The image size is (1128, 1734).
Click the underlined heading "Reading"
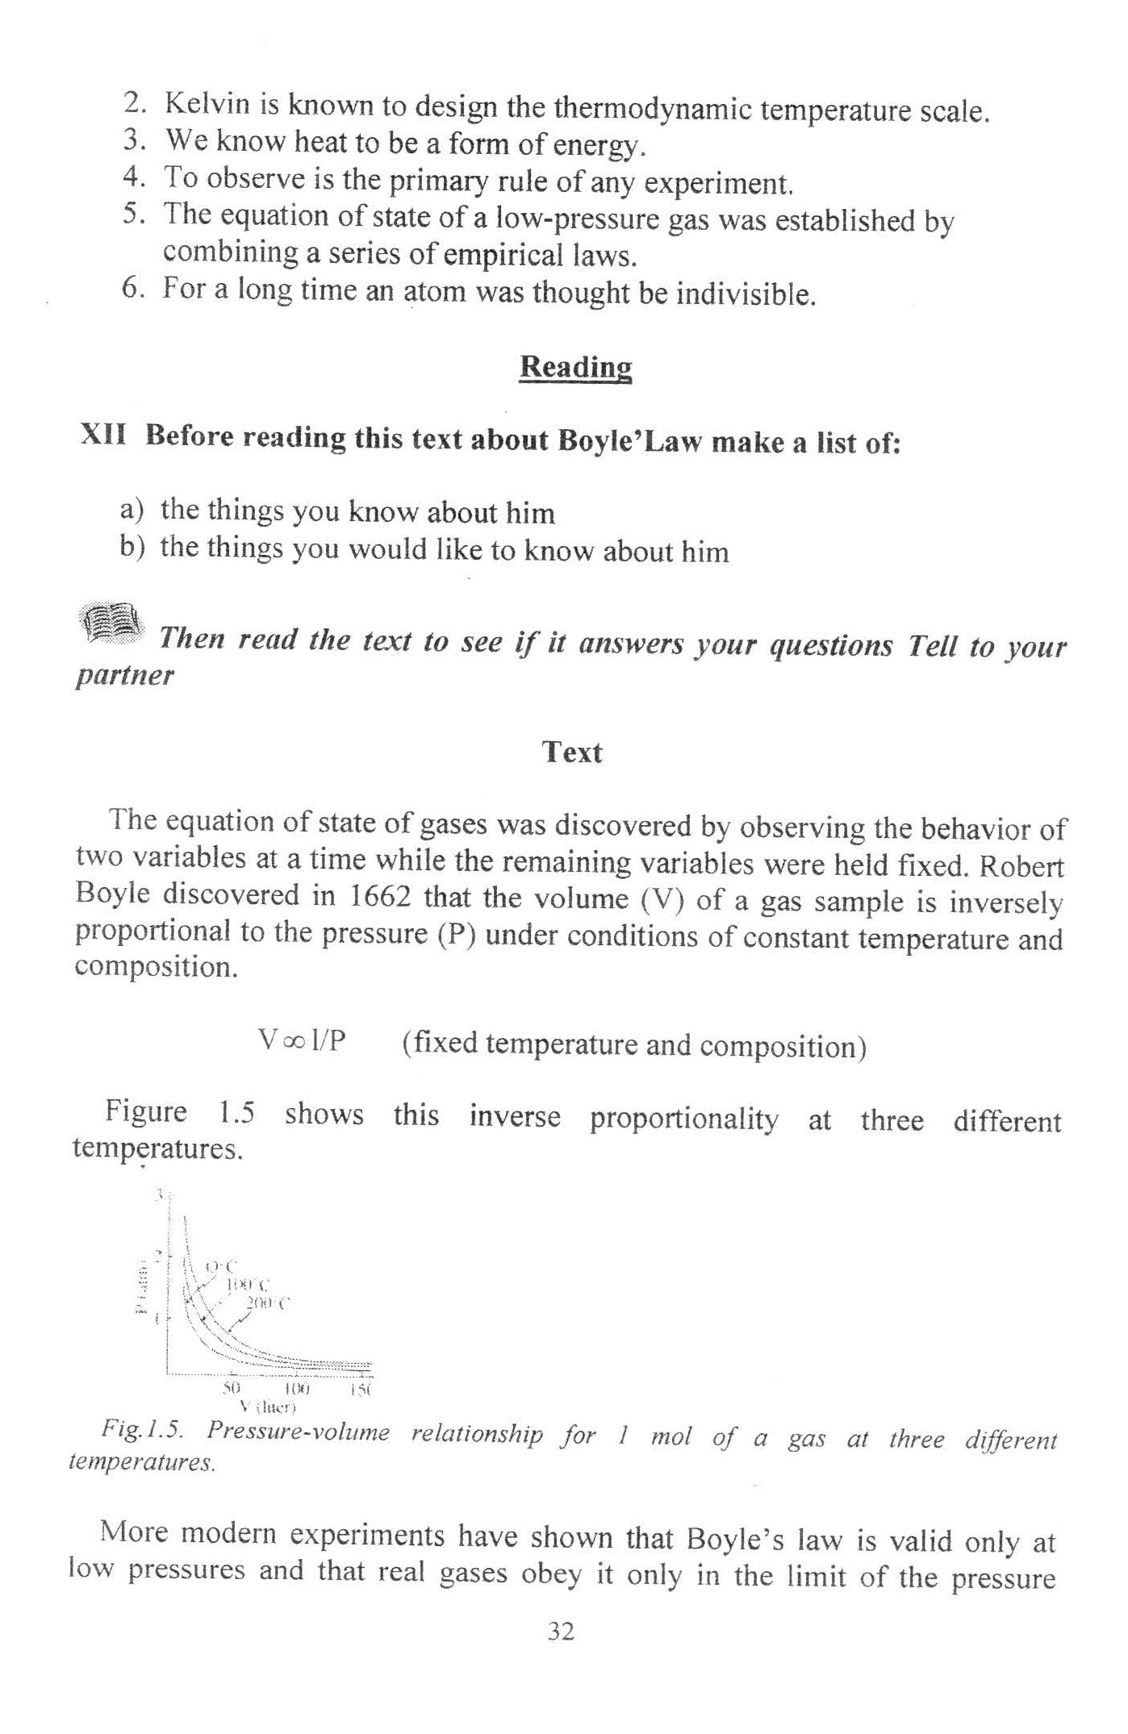[x=575, y=367]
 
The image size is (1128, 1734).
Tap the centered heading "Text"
[x=572, y=752]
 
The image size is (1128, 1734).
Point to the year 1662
[x=378, y=896]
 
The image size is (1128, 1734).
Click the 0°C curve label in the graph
[x=219, y=1267]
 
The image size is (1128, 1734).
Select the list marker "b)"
[x=132, y=548]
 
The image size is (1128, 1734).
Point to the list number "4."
[x=133, y=177]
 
